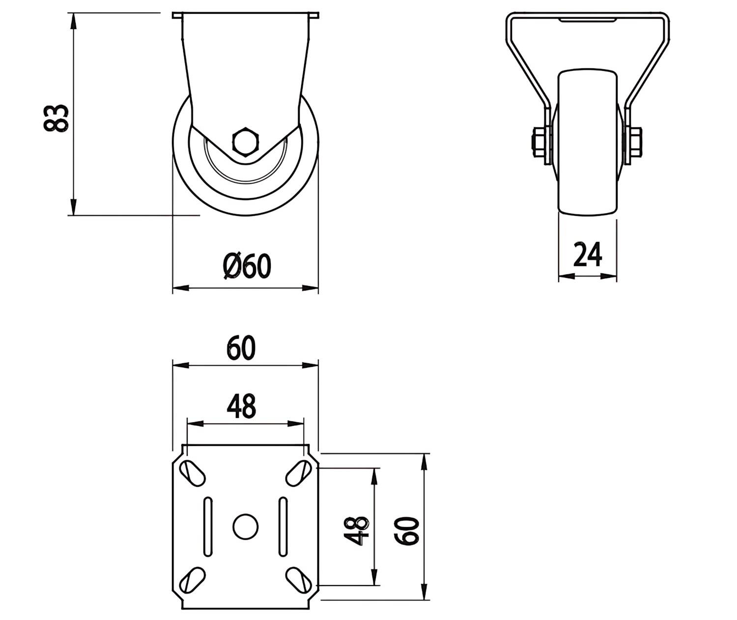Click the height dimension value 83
[56, 118]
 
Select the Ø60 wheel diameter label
[247, 266]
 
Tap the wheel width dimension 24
[588, 254]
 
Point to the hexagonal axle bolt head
[246, 141]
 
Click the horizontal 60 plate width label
[241, 348]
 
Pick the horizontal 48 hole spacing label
[241, 406]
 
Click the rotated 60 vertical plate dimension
[407, 531]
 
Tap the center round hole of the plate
[246, 527]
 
